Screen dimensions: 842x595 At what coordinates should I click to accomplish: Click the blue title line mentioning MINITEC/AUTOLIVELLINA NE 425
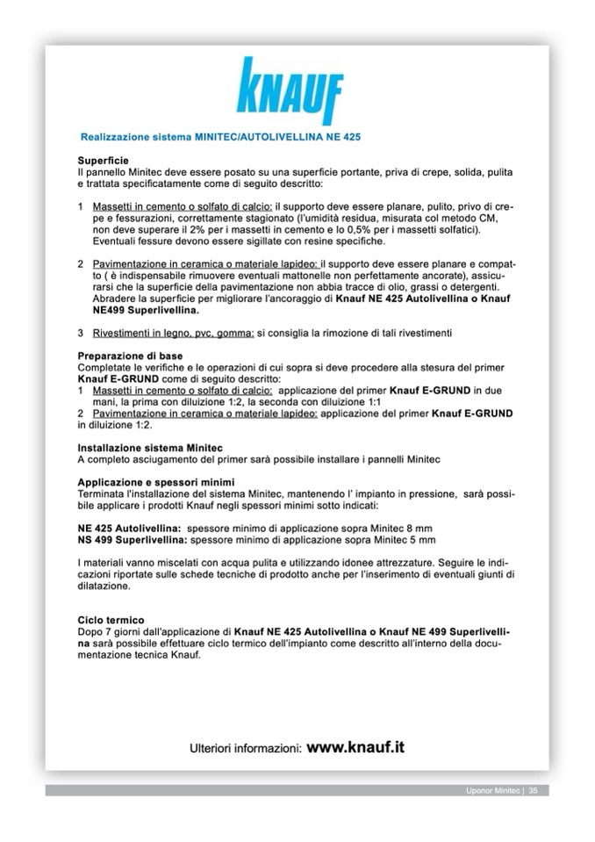tap(220, 138)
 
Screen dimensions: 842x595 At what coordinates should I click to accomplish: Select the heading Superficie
tap(104, 161)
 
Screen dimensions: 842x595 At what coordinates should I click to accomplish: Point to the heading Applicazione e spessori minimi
tap(155, 482)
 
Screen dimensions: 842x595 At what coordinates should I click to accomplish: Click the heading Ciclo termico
tap(111, 620)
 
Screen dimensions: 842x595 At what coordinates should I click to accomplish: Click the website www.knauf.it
tap(355, 747)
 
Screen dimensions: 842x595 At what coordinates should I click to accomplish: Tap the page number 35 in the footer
tap(533, 791)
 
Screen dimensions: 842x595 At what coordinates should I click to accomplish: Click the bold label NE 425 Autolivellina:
tap(129, 529)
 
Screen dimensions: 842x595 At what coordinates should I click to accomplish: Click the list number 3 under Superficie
tap(81, 333)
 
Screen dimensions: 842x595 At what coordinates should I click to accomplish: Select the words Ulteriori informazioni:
tap(247, 749)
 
